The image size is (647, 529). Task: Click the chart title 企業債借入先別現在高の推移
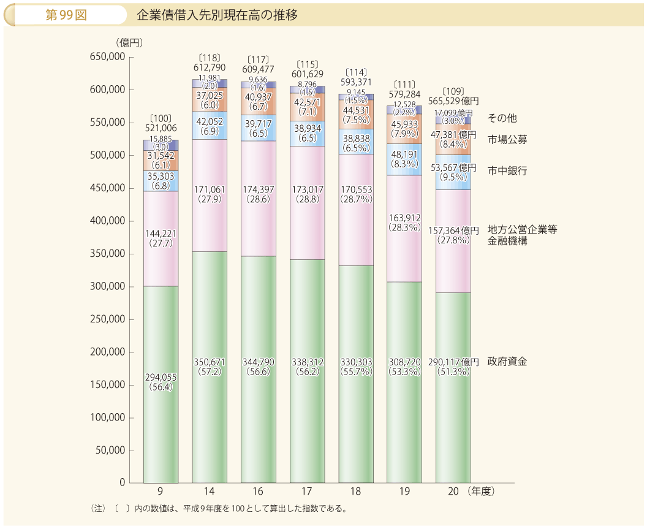pyautogui.click(x=217, y=15)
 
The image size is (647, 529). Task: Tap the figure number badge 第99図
pyautogui.click(x=66, y=15)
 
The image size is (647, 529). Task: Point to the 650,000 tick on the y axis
pyautogui.click(x=108, y=57)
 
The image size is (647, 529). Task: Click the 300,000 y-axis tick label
pyautogui.click(x=108, y=287)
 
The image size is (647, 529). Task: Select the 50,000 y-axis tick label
pyautogui.click(x=111, y=451)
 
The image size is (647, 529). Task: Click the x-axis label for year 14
pyautogui.click(x=210, y=492)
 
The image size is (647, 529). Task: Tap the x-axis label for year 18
pyautogui.click(x=356, y=492)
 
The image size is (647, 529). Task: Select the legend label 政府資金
pyautogui.click(x=507, y=361)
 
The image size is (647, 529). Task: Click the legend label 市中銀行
pyautogui.click(x=507, y=170)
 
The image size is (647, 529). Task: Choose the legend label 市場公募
pyautogui.click(x=507, y=139)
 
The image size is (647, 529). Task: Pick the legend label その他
pyautogui.click(x=502, y=117)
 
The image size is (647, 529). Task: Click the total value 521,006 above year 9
pyautogui.click(x=161, y=128)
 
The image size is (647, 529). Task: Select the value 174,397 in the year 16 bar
pyautogui.click(x=259, y=189)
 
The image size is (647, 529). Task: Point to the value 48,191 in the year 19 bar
pyautogui.click(x=404, y=154)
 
